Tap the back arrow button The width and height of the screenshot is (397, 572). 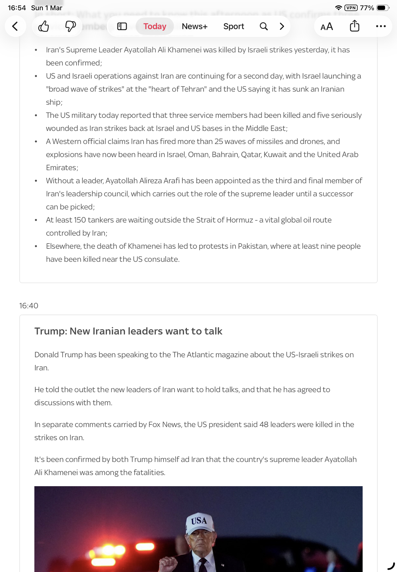pos(15,26)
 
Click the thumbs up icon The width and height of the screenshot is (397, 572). pos(44,26)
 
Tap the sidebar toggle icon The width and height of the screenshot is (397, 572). pos(122,26)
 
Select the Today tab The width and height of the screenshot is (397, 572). pos(155,26)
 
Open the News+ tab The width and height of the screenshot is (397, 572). pos(194,26)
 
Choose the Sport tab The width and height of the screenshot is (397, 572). pos(234,26)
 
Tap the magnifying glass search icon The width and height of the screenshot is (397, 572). pos(264,26)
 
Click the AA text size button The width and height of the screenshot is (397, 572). pos(326,27)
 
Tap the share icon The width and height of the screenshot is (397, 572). pos(354,26)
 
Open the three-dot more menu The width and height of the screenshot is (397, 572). pos(381,26)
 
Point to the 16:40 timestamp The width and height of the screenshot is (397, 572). pos(29,305)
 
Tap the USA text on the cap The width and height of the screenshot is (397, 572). pos(199,521)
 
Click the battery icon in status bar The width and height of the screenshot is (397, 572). pos(383,8)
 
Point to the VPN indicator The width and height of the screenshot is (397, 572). pos(351,8)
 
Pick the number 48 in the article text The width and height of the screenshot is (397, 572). pos(264,424)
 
